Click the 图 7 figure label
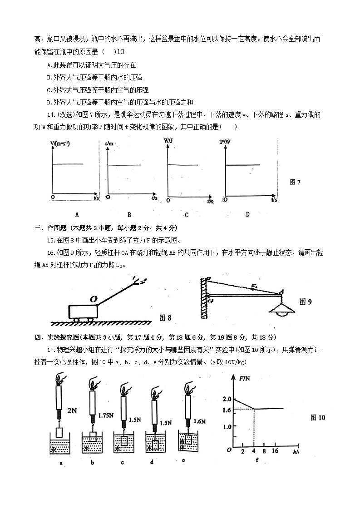pyautogui.click(x=295, y=182)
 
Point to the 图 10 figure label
pyautogui.click(x=318, y=418)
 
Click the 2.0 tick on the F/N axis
pyautogui.click(x=227, y=399)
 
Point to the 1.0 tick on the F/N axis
pyautogui.click(x=227, y=427)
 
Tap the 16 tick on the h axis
pyautogui.click(x=275, y=451)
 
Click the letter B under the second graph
pyautogui.click(x=129, y=214)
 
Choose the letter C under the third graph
pyautogui.click(x=187, y=215)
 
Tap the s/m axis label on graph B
pyautogui.click(x=109, y=143)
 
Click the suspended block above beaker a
pyautogui.click(x=59, y=432)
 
